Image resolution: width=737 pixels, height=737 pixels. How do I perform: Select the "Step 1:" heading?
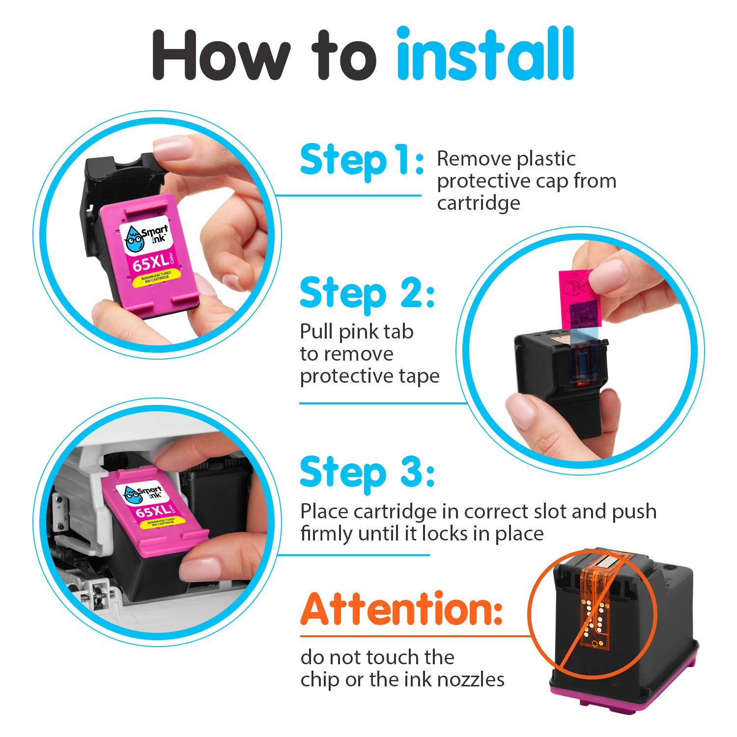361,160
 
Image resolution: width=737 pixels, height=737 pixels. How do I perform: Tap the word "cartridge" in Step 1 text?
478,203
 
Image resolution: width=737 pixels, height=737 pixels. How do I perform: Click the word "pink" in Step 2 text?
364,332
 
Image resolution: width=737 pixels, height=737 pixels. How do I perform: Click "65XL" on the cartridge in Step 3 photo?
151,511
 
